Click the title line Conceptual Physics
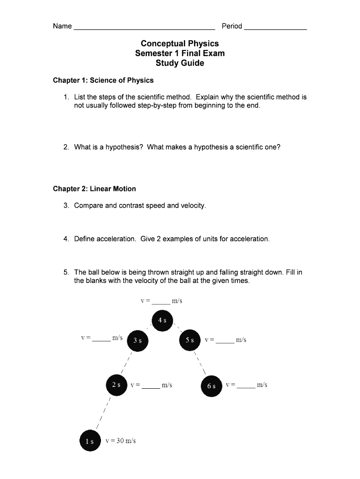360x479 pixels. pos(180,44)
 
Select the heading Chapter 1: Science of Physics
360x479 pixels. pos(103,80)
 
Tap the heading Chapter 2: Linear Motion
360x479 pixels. pos(94,189)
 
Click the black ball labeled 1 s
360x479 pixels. pos(89,441)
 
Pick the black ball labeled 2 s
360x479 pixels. pos(116,385)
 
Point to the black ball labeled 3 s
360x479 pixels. pos(137,340)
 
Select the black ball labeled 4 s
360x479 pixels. pos(162,320)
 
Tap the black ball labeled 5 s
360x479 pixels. pos(189,340)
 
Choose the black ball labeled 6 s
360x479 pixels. pos(211,386)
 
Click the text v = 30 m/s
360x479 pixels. pos(121,441)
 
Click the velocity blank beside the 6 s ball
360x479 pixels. pos(246,387)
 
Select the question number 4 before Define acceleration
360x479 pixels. pos(66,239)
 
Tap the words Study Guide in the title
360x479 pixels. pos(180,63)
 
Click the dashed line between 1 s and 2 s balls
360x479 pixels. pos(103,412)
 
